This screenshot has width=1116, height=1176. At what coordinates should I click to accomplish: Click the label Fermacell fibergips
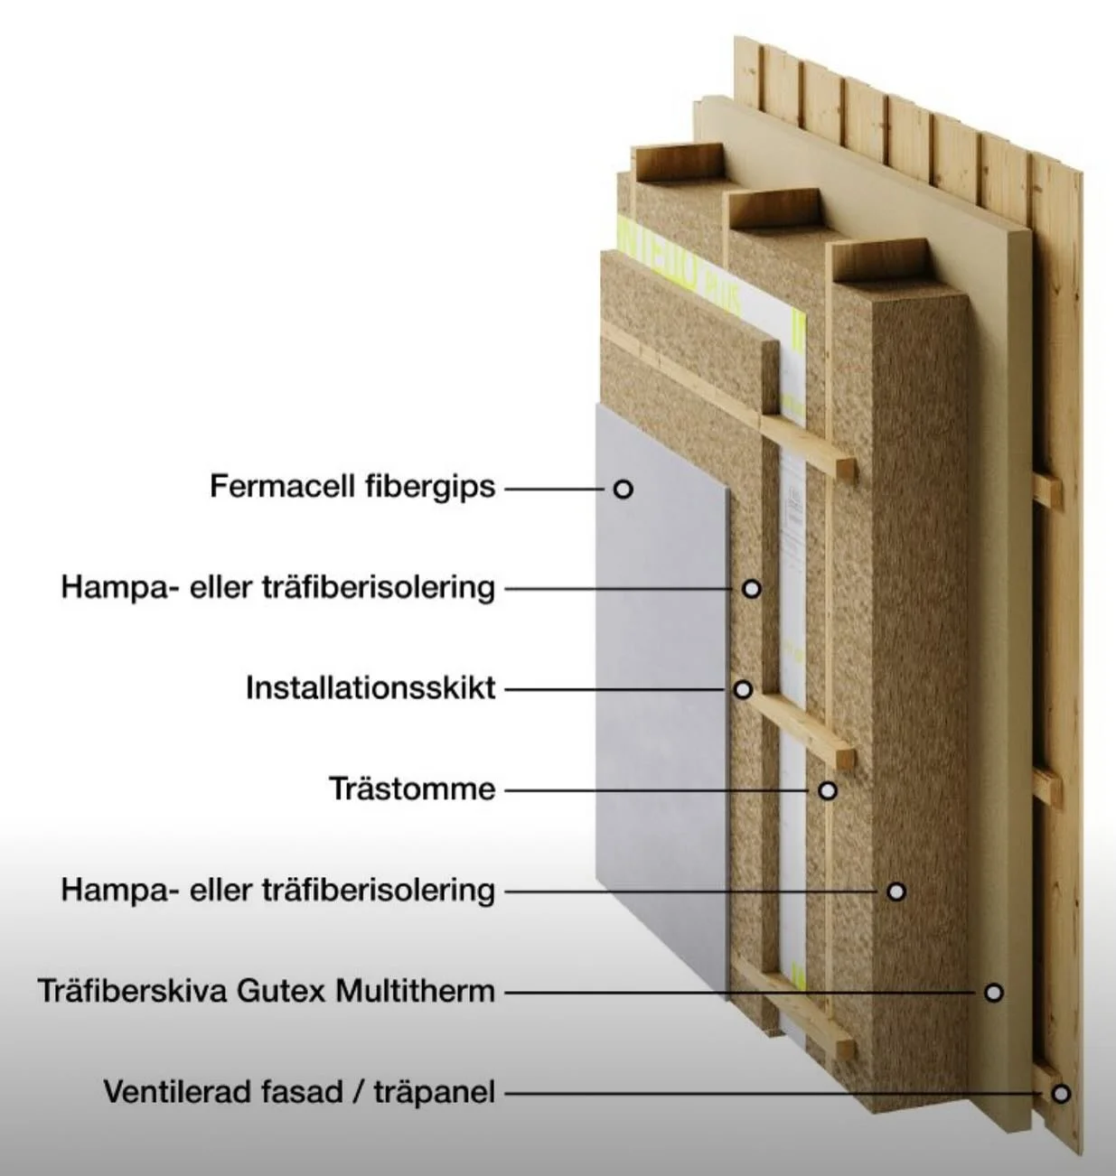tap(352, 487)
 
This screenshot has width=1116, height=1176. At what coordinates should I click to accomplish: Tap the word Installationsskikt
tap(370, 688)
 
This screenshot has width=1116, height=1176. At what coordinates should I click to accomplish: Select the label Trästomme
tap(412, 789)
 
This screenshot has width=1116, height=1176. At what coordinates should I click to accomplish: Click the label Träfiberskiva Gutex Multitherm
tap(267, 992)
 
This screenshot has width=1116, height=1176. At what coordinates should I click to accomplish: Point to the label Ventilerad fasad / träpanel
tap(299, 1093)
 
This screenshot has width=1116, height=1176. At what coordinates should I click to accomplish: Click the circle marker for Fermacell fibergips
tap(623, 489)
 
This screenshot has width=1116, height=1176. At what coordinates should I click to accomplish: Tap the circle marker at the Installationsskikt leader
tap(743, 690)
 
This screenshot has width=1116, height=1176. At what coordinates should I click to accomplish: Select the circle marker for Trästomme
tap(827, 791)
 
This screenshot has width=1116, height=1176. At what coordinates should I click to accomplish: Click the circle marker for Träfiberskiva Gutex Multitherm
tap(993, 993)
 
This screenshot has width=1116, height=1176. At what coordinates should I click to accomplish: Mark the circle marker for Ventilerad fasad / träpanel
tap(1061, 1094)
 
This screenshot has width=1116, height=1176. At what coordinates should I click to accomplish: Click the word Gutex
tap(282, 992)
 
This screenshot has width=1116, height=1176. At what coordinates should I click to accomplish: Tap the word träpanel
tap(435, 1093)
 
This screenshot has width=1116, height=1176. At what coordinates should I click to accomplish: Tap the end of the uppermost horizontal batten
tap(847, 470)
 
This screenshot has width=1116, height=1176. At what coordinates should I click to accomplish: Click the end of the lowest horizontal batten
tap(846, 1049)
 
